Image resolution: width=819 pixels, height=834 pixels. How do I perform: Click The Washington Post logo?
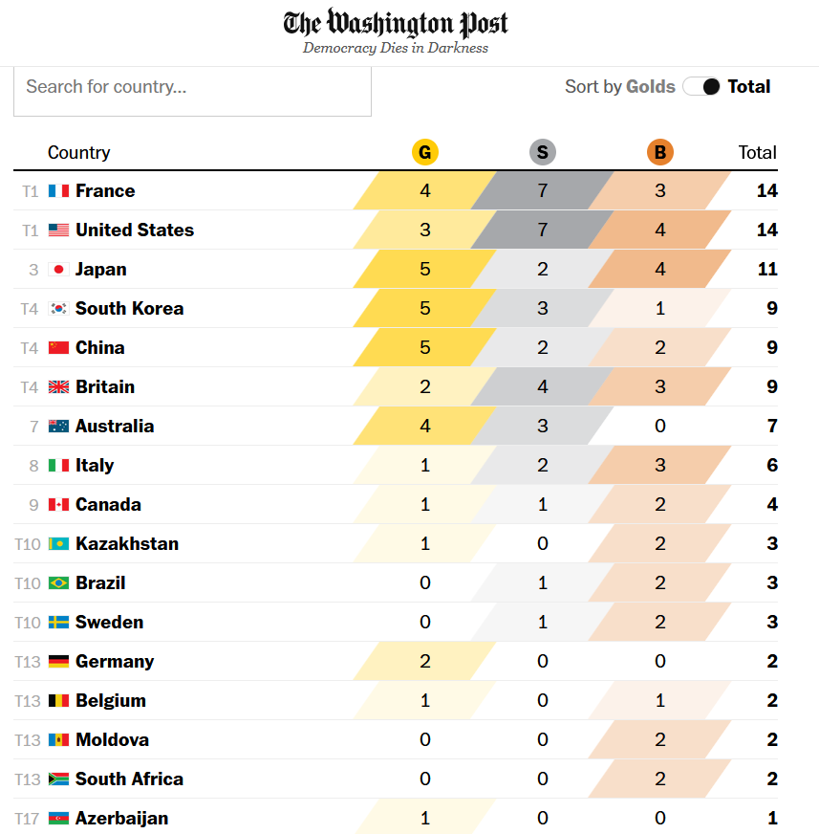[396, 23]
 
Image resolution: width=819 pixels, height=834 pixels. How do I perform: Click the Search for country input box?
[192, 87]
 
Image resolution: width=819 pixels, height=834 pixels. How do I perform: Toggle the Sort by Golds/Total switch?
[701, 87]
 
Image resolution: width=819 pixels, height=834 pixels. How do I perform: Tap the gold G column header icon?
[425, 152]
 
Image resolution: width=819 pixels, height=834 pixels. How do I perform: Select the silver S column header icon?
[543, 152]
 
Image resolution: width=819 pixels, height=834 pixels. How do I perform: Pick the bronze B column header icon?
[659, 152]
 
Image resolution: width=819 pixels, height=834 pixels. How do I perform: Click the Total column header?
[757, 152]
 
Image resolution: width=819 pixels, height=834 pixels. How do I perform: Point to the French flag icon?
[58, 191]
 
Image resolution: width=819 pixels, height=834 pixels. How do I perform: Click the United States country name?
[135, 230]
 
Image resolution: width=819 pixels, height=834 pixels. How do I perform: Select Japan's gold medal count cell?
[425, 270]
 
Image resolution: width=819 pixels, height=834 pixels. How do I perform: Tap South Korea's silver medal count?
[543, 309]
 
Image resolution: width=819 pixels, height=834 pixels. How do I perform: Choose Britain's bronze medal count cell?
[659, 387]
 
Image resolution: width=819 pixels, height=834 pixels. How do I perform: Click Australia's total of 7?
[772, 427]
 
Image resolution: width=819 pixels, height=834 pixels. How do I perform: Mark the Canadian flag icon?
[58, 505]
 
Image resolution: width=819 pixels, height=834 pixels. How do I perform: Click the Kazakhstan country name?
[127, 544]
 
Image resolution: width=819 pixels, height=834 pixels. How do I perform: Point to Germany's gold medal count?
[425, 662]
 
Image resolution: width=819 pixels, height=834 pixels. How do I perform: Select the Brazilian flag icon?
[58, 583]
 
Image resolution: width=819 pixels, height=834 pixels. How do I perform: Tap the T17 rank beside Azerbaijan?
[28, 819]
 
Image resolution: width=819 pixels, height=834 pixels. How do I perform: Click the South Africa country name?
[129, 779]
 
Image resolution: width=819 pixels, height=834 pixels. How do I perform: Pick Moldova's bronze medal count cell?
[659, 740]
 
